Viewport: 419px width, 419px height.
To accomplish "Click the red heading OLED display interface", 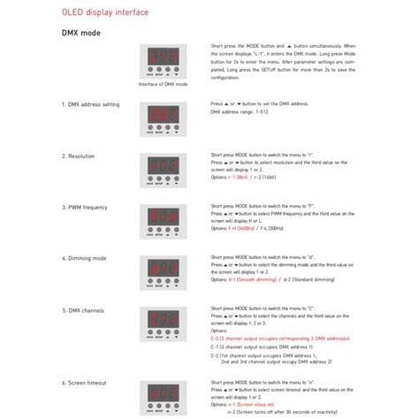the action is click(104, 13).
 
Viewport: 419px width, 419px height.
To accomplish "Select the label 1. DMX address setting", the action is click(90, 104).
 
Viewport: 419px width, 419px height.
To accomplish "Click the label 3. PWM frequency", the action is click(86, 207).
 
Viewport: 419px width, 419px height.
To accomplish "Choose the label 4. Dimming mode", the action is click(86, 258).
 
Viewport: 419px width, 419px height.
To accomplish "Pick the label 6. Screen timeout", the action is click(87, 383).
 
